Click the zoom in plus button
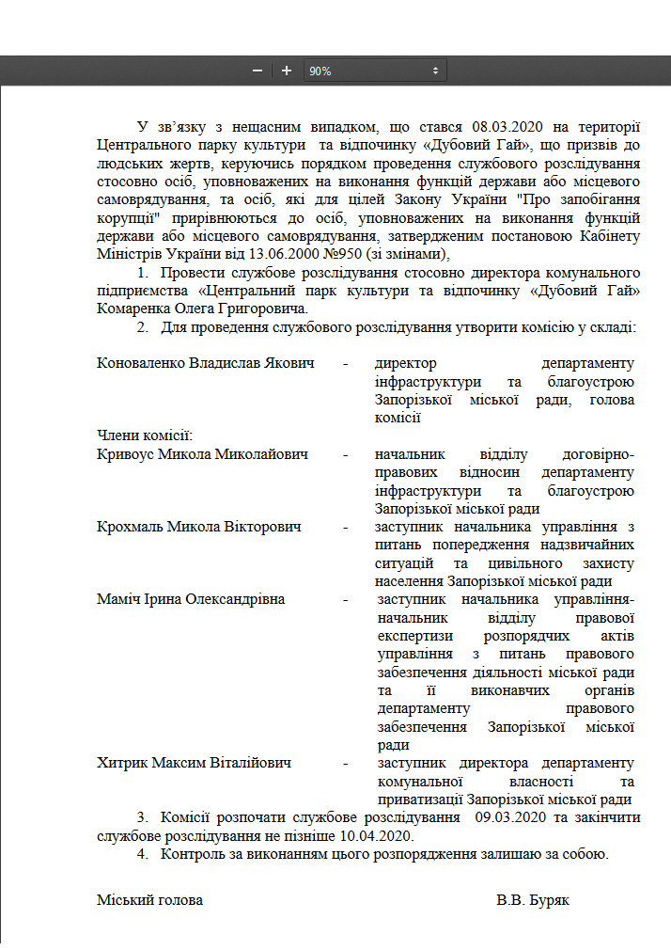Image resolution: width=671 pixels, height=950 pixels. pos(287,71)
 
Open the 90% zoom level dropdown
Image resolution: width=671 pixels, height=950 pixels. pos(375,71)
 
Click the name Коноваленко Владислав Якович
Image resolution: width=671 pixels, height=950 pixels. pos(205,363)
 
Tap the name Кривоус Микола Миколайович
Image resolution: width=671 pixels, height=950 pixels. pos(203,454)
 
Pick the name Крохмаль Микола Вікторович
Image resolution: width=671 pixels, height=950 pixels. pos(199,527)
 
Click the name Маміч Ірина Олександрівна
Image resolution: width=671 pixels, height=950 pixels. pos(191,599)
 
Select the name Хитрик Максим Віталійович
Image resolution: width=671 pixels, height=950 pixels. pos(194,763)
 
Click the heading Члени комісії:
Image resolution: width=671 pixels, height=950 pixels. pos(145,435)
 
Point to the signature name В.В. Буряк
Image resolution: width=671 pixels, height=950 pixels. pos(533,900)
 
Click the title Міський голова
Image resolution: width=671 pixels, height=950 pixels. pos(149,900)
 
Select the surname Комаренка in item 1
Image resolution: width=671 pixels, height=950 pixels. pos(137,309)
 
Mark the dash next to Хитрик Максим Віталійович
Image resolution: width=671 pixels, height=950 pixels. pos(348,763)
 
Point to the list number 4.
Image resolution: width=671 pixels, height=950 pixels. pos(142,854)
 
